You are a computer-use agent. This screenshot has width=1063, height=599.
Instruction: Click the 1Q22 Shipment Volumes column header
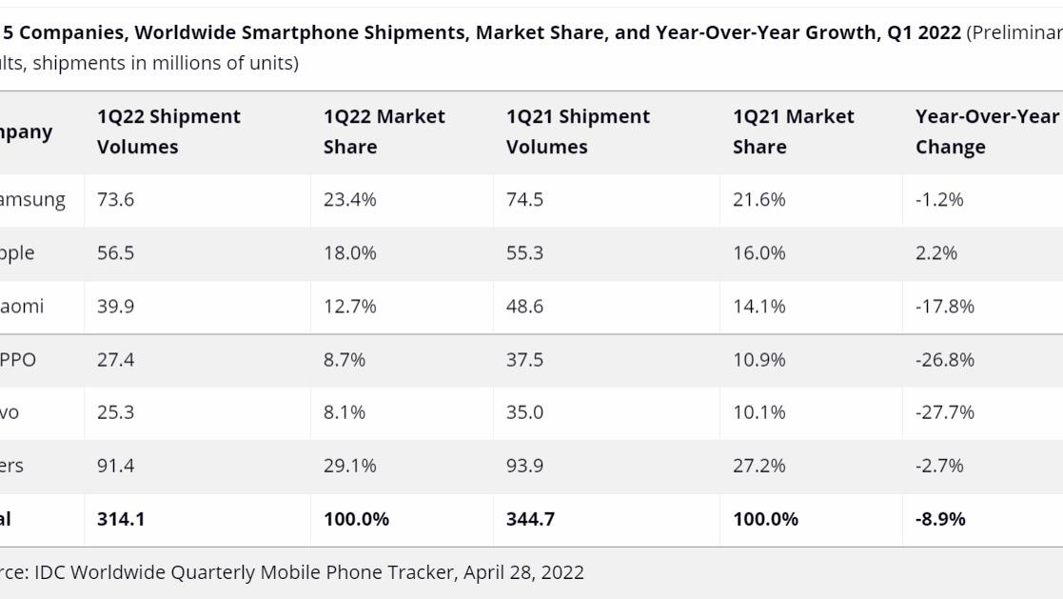pyautogui.click(x=168, y=131)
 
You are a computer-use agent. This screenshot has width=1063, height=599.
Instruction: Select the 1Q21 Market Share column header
pyautogui.click(x=793, y=131)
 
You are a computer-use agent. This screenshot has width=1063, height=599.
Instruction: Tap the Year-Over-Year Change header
pyautogui.click(x=986, y=131)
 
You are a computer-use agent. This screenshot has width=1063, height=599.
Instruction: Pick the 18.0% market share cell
pyautogui.click(x=349, y=252)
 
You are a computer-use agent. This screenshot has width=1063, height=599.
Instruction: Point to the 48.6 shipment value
pyautogui.click(x=524, y=306)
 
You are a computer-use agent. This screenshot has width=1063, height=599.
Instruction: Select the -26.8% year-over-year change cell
pyautogui.click(x=945, y=359)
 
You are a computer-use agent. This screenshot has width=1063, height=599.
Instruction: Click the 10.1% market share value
pyautogui.click(x=758, y=412)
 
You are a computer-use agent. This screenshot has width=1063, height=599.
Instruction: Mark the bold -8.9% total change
pyautogui.click(x=940, y=519)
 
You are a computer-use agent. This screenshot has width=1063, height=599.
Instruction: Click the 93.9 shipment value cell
pyautogui.click(x=524, y=466)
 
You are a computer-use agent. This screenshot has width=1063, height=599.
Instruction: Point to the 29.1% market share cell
pyautogui.click(x=349, y=466)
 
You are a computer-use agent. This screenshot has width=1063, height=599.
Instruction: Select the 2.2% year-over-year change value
pyautogui.click(x=936, y=252)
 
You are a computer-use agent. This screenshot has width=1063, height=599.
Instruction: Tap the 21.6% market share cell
pyautogui.click(x=758, y=199)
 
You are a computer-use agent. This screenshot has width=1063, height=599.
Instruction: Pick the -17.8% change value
pyautogui.click(x=945, y=306)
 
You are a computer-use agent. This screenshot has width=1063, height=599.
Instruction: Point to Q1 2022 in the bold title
pyautogui.click(x=923, y=32)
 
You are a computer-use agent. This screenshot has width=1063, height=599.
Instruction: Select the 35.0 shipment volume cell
pyautogui.click(x=524, y=412)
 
